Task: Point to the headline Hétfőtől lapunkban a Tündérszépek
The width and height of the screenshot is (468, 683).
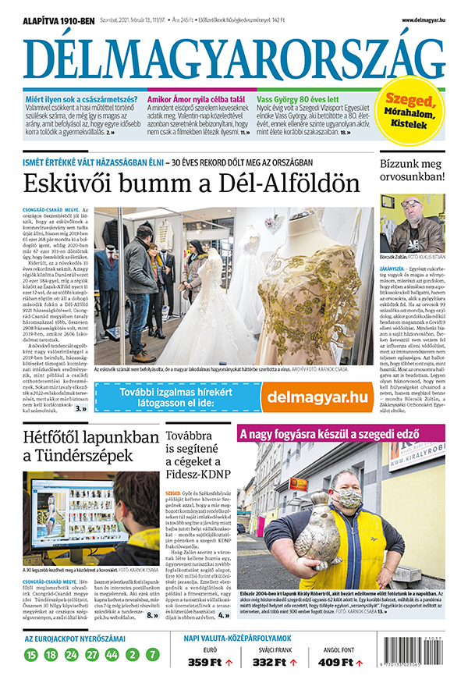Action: pos(88,448)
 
